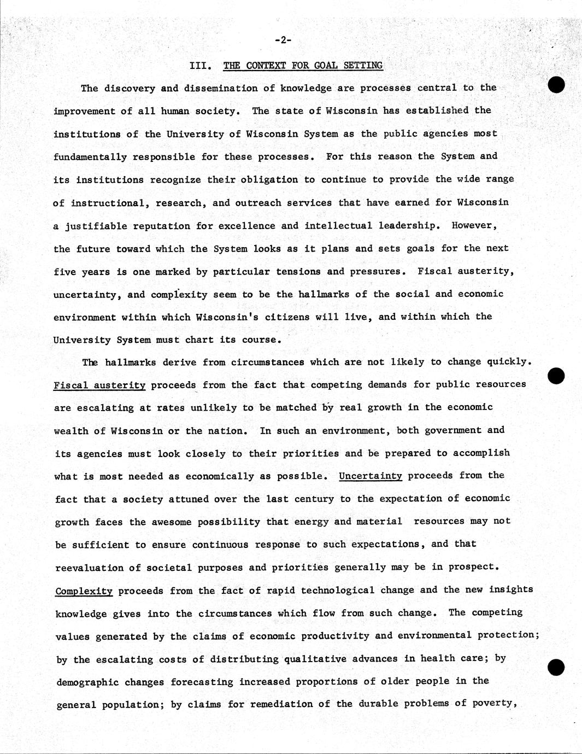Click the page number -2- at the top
tap(283, 39)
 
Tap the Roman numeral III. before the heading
tap(200, 66)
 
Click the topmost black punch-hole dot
tap(556, 85)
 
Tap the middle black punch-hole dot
tap(556, 376)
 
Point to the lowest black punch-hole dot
tap(556, 668)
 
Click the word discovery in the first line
tap(130, 88)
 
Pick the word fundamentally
tap(90, 157)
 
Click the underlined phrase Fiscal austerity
tap(99, 385)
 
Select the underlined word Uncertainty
tap(371, 476)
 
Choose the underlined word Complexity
tap(84, 591)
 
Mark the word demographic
tap(88, 682)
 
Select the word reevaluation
tap(89, 568)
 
